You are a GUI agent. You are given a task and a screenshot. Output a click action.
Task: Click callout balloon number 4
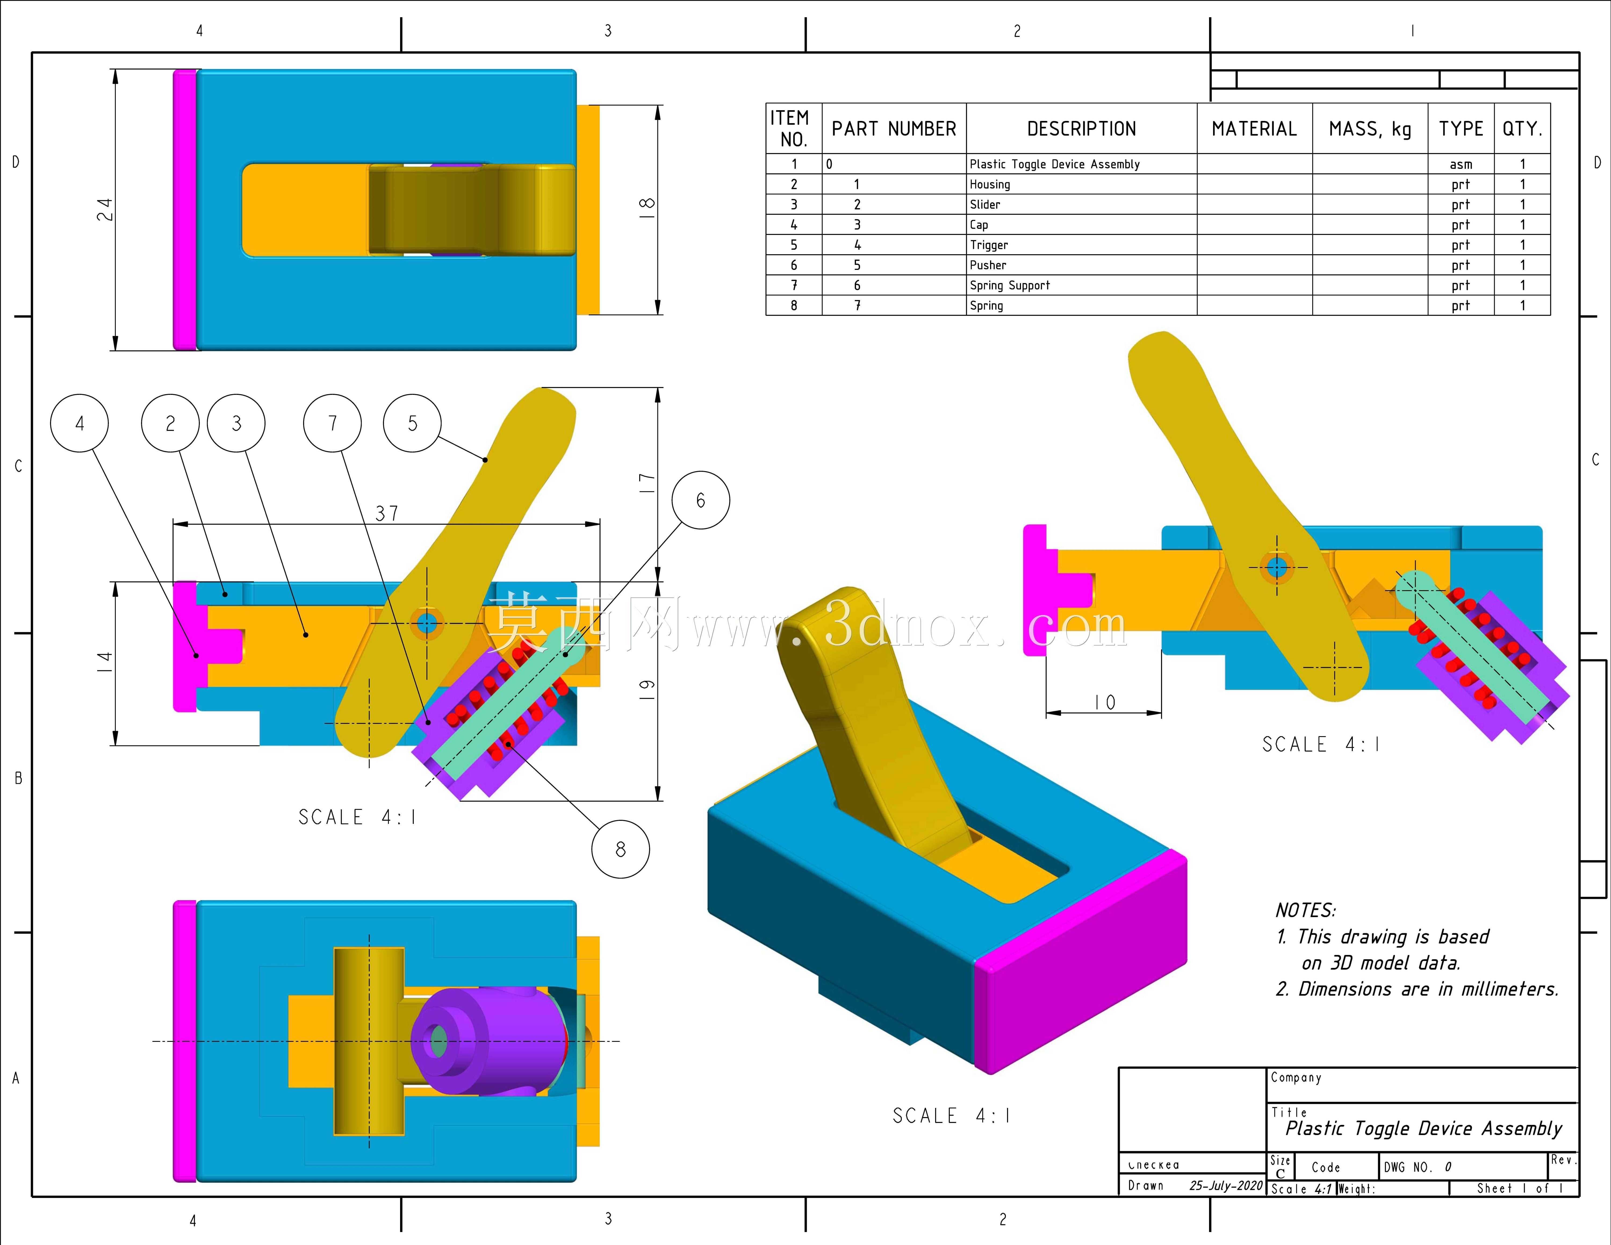point(80,423)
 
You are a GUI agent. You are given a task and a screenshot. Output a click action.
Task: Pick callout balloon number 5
point(412,423)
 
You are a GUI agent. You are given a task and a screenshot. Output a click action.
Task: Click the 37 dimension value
point(387,513)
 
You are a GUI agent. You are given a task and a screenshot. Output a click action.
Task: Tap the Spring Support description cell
point(1081,285)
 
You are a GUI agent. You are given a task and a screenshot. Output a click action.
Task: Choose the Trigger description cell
point(1081,244)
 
